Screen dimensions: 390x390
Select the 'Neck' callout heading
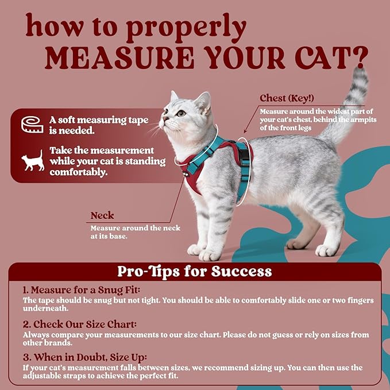[x=102, y=216]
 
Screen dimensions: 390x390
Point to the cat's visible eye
[x=182, y=113]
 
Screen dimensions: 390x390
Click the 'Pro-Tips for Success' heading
[x=194, y=271]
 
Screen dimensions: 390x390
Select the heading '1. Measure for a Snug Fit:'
[x=82, y=290]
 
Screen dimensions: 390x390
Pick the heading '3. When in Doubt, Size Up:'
[x=85, y=357]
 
